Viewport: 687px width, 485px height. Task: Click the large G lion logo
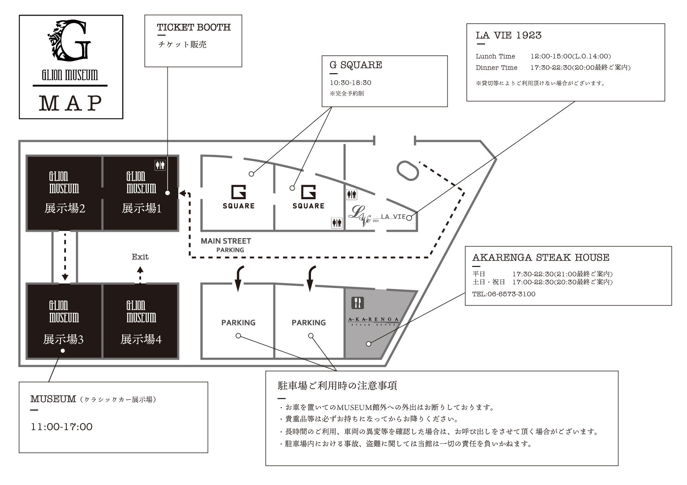[x=70, y=40]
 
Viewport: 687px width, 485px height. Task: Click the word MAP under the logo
[x=71, y=103]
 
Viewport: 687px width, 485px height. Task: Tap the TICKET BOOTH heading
[x=194, y=27]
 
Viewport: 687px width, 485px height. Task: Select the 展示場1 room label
[x=142, y=208]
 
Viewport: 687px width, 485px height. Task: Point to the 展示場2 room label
[x=65, y=208]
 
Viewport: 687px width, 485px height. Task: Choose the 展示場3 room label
[x=63, y=339]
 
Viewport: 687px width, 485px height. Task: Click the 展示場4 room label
[x=141, y=339]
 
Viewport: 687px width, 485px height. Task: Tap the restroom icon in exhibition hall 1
[x=160, y=165]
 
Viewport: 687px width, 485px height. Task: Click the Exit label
[x=140, y=257]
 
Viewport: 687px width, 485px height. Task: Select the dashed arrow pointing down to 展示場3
[x=65, y=256]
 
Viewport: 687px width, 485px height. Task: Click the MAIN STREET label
[x=226, y=241]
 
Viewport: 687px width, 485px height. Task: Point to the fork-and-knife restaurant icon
[x=358, y=303]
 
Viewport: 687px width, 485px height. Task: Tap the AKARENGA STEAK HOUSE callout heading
[x=541, y=257]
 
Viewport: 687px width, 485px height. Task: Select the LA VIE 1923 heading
[x=508, y=35]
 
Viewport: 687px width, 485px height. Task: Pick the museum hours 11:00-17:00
[x=62, y=427]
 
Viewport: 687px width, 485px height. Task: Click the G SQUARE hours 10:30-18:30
[x=350, y=83]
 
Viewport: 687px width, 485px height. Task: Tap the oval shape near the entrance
[x=408, y=170]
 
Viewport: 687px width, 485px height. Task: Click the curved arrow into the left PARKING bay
[x=239, y=278]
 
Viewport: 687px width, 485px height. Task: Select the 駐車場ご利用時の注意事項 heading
[x=338, y=386]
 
